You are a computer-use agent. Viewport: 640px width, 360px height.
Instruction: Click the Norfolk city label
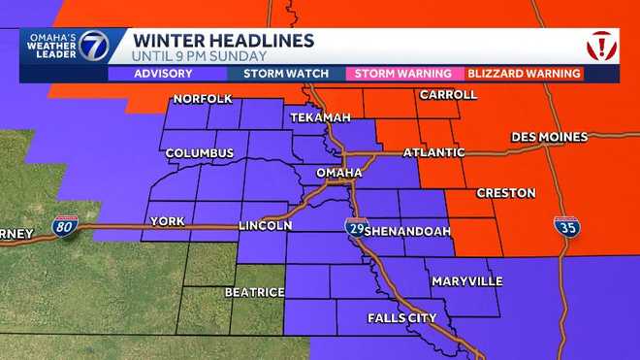pos(202,99)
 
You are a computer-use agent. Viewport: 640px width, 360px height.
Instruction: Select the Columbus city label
pos(200,153)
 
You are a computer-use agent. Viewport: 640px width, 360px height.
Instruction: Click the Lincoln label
pos(266,225)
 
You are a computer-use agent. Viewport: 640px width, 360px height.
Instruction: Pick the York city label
pos(167,222)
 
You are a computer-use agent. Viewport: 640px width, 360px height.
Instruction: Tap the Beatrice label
pos(254,291)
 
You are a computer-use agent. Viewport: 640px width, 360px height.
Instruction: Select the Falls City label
pos(402,317)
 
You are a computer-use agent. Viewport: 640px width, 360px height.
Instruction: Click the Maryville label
pos(467,280)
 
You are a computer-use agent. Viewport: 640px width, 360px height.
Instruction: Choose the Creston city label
pos(504,193)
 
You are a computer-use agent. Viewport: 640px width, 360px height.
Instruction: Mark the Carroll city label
pos(448,95)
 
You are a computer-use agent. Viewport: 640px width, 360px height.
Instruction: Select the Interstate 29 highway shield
pos(355,227)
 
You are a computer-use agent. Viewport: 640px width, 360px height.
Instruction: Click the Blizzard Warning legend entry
pos(524,74)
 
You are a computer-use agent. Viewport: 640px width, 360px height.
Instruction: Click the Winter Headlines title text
pos(223,41)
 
